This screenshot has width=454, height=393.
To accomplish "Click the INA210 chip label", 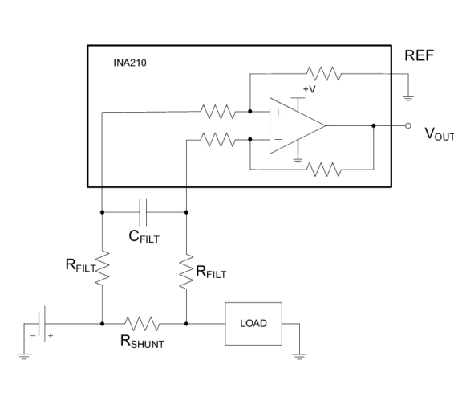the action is click(130, 63).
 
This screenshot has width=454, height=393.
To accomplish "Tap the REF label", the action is click(419, 55).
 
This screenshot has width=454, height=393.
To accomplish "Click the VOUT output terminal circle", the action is click(408, 126).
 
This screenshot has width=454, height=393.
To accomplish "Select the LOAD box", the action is click(253, 324).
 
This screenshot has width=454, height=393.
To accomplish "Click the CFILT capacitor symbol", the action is click(143, 212).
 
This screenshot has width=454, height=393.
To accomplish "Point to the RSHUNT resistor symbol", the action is click(142, 324).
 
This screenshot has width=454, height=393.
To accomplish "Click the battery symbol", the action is click(42, 324).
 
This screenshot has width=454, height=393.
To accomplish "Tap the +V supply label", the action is click(310, 89).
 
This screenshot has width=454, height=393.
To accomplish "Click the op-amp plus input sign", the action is click(278, 113).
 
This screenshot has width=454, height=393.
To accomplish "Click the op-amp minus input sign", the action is click(278, 140).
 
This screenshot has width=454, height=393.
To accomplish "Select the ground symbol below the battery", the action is click(24, 357).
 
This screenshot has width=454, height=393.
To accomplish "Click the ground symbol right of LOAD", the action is click(299, 357).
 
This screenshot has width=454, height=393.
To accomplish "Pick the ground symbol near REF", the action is click(408, 99).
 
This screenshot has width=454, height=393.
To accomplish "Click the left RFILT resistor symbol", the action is click(102, 268).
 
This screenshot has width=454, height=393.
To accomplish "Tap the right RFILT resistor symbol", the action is click(186, 272).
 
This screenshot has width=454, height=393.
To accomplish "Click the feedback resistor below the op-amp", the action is click(324, 170).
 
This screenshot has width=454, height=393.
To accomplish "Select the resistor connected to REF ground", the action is click(324, 74).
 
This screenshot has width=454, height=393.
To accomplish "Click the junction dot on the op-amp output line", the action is click(374, 126).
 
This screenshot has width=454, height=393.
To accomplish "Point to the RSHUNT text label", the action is click(142, 342).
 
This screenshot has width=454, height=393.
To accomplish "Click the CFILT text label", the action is click(144, 236).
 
